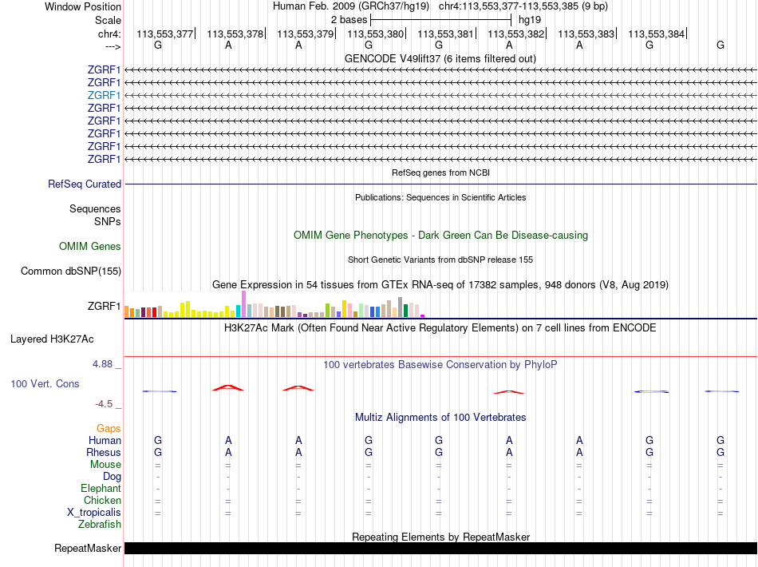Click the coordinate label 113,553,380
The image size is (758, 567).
click(x=375, y=34)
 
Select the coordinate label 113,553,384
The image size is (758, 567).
click(x=656, y=34)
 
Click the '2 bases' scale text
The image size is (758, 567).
click(x=349, y=19)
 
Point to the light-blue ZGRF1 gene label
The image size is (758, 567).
click(x=104, y=95)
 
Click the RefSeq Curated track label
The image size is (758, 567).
click(x=85, y=184)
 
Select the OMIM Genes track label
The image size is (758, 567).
click(x=90, y=247)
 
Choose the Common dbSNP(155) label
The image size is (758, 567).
click(x=71, y=271)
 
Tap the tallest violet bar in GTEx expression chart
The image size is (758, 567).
click(x=243, y=303)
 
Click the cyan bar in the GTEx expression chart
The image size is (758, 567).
click(x=239, y=311)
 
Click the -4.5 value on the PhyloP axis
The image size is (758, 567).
click(x=107, y=404)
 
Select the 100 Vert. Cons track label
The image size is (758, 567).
click(x=45, y=384)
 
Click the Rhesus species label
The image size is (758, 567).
click(x=104, y=453)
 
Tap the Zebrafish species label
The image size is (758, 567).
click(x=100, y=525)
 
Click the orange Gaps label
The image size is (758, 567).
click(x=109, y=429)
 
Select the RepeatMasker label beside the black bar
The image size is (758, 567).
click(x=88, y=549)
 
